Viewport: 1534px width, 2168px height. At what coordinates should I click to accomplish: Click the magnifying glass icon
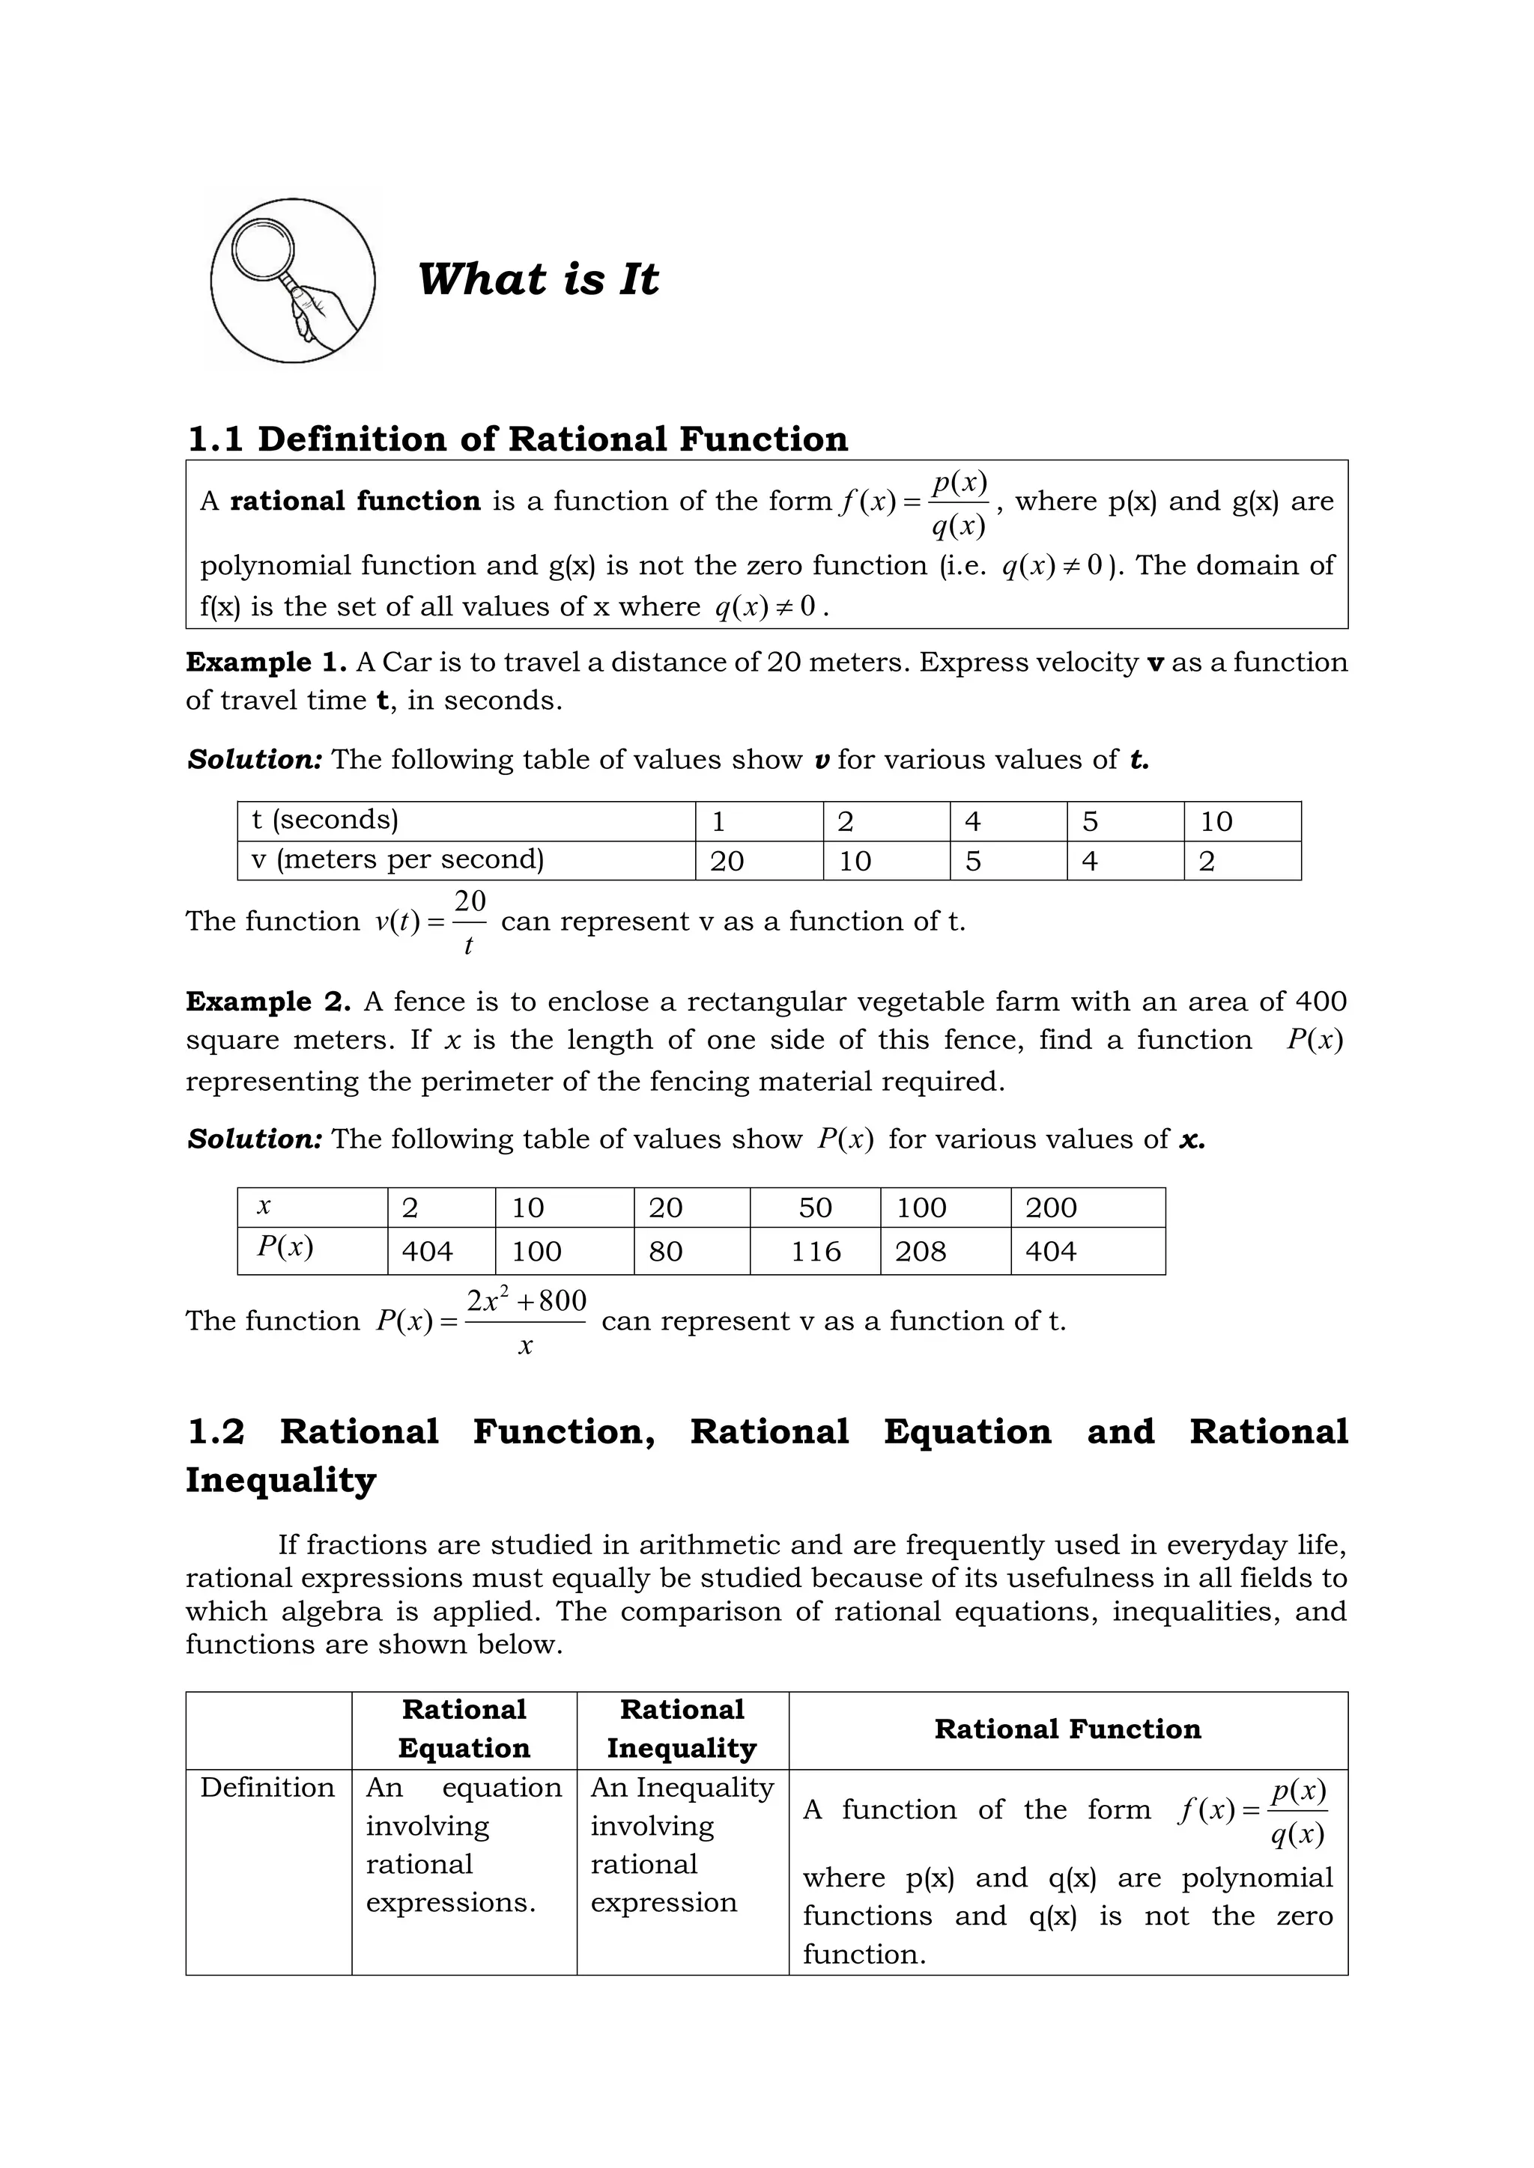pos(293,281)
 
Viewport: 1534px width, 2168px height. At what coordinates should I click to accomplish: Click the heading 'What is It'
pos(538,279)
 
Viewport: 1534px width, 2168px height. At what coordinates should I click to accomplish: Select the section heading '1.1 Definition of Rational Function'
pos(518,439)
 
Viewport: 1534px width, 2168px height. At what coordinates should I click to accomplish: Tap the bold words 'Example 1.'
pos(267,662)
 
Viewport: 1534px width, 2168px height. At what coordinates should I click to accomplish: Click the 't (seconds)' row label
pos(326,820)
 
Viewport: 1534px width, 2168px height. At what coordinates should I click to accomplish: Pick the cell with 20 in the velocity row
pos(727,861)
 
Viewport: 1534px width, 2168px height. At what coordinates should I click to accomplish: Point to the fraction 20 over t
pos(470,922)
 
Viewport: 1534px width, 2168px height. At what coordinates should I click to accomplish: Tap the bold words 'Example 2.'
pos(268,1001)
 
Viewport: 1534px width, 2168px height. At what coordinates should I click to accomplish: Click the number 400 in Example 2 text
pos(1320,1001)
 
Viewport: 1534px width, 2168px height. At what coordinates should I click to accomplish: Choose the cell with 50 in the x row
pos(815,1208)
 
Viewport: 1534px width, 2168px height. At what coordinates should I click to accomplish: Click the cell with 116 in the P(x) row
pos(815,1251)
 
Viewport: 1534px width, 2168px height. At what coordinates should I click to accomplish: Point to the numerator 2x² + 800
pos(526,1302)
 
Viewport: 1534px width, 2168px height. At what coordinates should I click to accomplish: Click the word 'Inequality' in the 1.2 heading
pos(281,1479)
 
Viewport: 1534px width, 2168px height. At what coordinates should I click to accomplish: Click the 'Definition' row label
pos(267,1788)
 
